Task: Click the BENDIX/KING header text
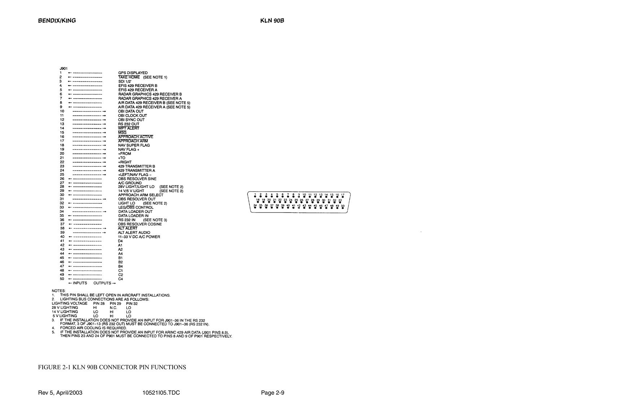pyautogui.click(x=57, y=21)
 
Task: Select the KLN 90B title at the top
pyautogui.click(x=272, y=21)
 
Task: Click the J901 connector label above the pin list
pyautogui.click(x=63, y=68)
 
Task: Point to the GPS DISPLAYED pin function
pyautogui.click(x=133, y=73)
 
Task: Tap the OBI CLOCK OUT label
pyautogui.click(x=132, y=116)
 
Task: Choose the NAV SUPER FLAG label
pyautogui.click(x=134, y=145)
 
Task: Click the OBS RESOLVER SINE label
pyautogui.click(x=137, y=179)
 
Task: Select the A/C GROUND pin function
pyautogui.click(x=130, y=183)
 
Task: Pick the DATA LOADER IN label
pyautogui.click(x=133, y=216)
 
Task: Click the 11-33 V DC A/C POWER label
pyautogui.click(x=139, y=237)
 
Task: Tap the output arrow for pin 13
pyautogui.click(x=89, y=124)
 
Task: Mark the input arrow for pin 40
pyautogui.click(x=85, y=237)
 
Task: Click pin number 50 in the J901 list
pyautogui.click(x=62, y=279)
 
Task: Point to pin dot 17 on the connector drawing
pyautogui.click(x=343, y=197)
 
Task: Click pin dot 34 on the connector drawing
pyautogui.click(x=255, y=207)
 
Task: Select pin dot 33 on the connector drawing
pyautogui.click(x=340, y=202)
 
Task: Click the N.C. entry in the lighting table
pyautogui.click(x=113, y=308)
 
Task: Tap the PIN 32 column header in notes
pyautogui.click(x=132, y=304)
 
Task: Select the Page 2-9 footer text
pyautogui.click(x=272, y=393)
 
